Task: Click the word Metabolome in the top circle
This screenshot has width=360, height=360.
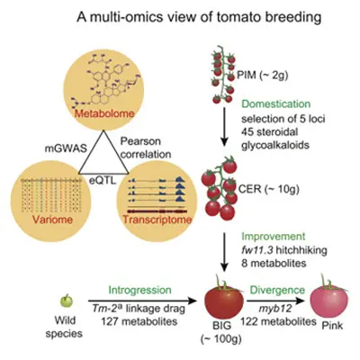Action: (104, 114)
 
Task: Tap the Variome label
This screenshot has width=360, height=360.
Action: (52, 220)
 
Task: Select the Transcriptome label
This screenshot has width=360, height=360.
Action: (157, 220)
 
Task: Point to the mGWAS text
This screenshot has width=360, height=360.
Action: (66, 148)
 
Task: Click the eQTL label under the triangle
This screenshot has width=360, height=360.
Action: (103, 181)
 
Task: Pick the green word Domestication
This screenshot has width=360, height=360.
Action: (276, 104)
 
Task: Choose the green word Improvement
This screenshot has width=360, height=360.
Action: (274, 237)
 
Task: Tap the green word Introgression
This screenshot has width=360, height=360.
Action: (139, 290)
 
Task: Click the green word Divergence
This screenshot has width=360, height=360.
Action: (277, 290)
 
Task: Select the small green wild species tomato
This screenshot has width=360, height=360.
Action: (67, 301)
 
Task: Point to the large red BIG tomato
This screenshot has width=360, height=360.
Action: (224, 300)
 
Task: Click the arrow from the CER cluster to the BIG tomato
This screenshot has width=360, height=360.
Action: (224, 252)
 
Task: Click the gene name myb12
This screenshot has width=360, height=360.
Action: (275, 310)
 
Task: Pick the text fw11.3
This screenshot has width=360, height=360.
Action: (256, 250)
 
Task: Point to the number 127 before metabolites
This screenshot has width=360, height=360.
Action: (110, 321)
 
